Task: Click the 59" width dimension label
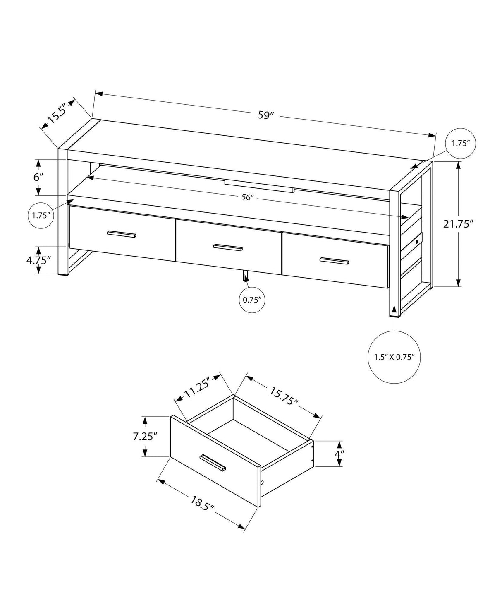pos(266,115)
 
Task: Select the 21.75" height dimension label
pos(458,224)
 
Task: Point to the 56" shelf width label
pos(247,197)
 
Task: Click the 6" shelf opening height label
pos(38,177)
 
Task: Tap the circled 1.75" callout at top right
pos(461,144)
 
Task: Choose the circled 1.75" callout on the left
pos(41,215)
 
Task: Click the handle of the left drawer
pos(122,234)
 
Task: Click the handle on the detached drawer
pos(213,462)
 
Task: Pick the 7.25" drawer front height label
pos(145,437)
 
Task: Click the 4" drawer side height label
pos(339,454)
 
